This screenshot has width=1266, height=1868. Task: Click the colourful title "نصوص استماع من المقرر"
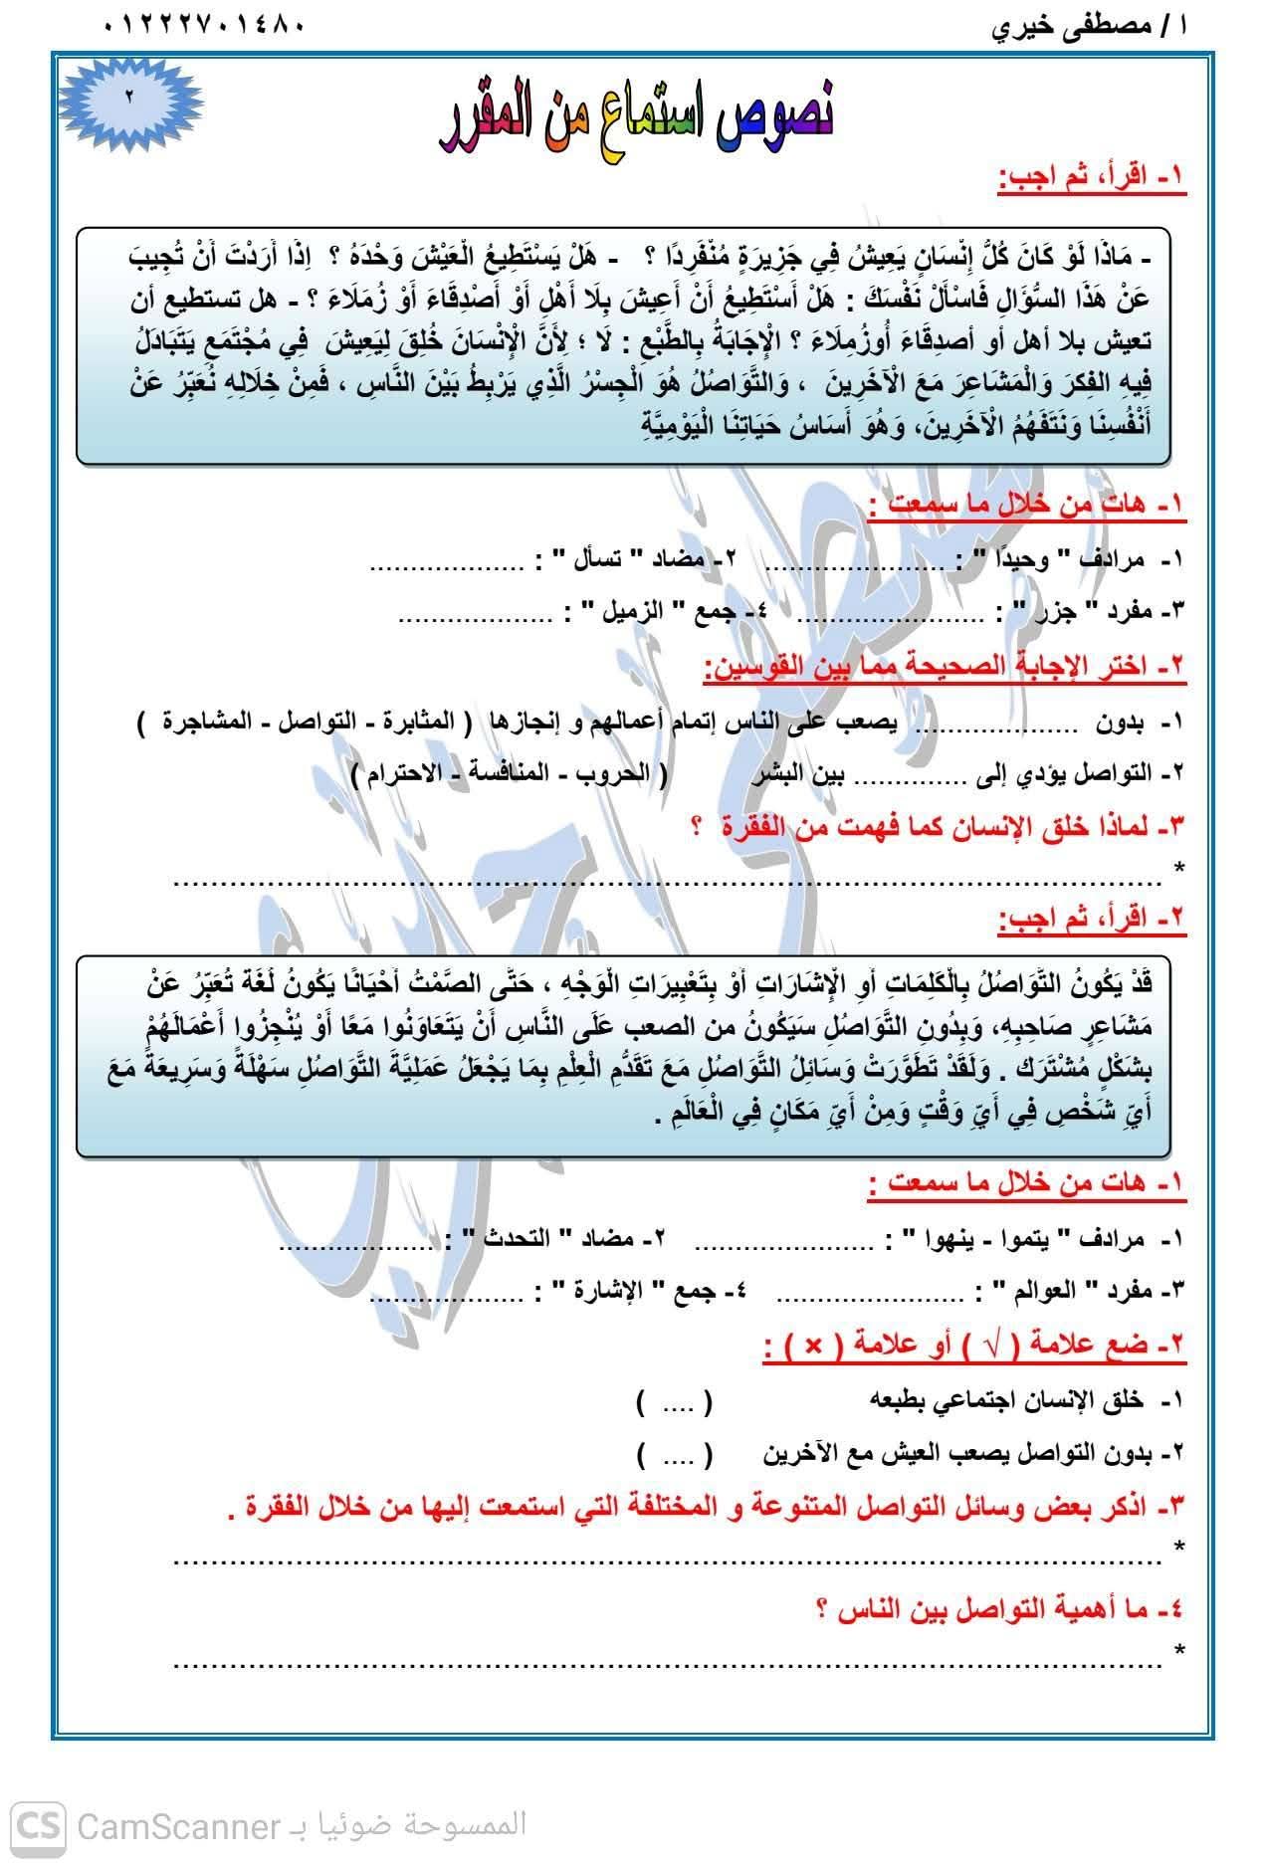click(x=638, y=118)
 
